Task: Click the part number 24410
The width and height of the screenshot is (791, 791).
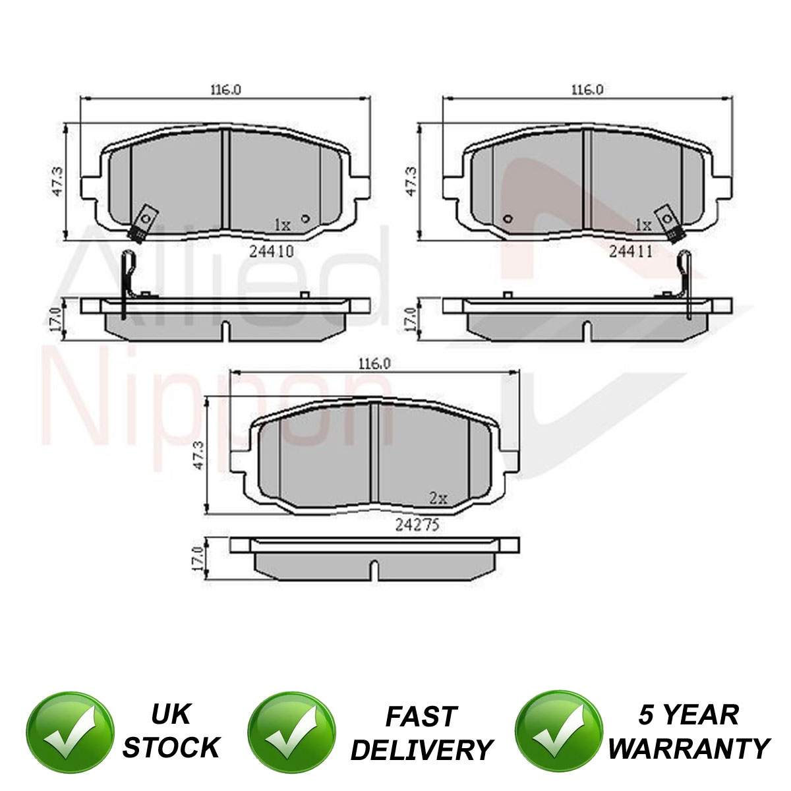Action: pyautogui.click(x=272, y=250)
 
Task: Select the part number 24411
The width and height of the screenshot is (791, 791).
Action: pyautogui.click(x=631, y=250)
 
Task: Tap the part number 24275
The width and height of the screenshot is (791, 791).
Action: pyautogui.click(x=417, y=525)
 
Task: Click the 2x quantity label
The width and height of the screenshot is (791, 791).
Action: pyautogui.click(x=438, y=498)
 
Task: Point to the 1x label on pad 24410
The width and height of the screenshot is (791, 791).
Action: pyautogui.click(x=282, y=225)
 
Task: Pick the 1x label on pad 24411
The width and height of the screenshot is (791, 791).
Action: pyautogui.click(x=643, y=225)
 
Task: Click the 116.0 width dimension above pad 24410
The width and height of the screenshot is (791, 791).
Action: pyautogui.click(x=226, y=90)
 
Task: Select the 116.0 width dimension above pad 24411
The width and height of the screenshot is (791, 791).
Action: pyautogui.click(x=587, y=90)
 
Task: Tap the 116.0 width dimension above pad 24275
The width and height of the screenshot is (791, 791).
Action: pyautogui.click(x=374, y=364)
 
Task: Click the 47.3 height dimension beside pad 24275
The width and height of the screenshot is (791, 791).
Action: pyautogui.click(x=198, y=455)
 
